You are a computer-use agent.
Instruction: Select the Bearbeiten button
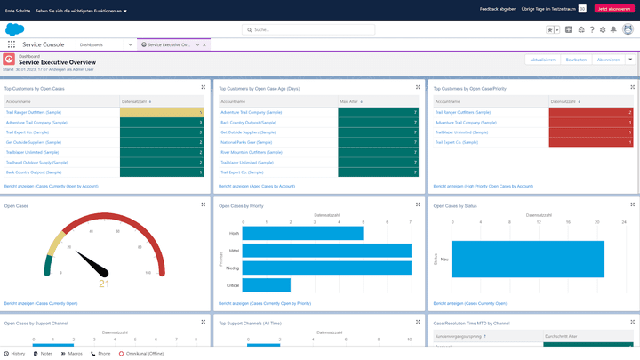coord(576,60)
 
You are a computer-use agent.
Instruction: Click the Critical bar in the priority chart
coord(267,284)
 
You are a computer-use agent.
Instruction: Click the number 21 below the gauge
coord(104,284)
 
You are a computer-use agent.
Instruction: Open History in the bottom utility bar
coord(15,353)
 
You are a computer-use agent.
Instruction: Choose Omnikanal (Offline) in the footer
coord(145,353)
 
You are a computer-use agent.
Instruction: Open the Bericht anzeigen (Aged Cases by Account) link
coord(257,186)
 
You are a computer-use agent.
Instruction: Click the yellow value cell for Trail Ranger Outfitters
coord(162,112)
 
